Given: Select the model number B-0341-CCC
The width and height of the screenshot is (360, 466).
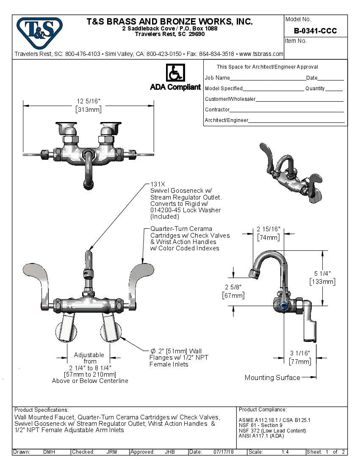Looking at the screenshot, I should tap(315, 31).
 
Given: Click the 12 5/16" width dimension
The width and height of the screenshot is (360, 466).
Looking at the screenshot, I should tap(88, 101).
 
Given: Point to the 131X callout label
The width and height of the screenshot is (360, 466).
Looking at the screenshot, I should tap(158, 184).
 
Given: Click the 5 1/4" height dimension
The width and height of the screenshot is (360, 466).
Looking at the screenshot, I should tap(323, 273).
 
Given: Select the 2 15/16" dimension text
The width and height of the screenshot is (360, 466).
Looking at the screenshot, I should tap(269, 229).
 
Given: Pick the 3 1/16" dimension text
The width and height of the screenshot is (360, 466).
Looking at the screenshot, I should tap(300, 353).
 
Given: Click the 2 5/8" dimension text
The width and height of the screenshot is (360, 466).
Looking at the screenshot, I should tap(233, 287).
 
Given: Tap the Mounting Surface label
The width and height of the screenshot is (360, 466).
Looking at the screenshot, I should tap(272, 377).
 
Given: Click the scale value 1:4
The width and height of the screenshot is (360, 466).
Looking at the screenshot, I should tap(285, 452).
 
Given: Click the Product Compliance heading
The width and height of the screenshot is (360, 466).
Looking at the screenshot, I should tap(263, 410).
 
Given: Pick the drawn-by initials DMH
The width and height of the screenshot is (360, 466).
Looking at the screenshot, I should tap(49, 452).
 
